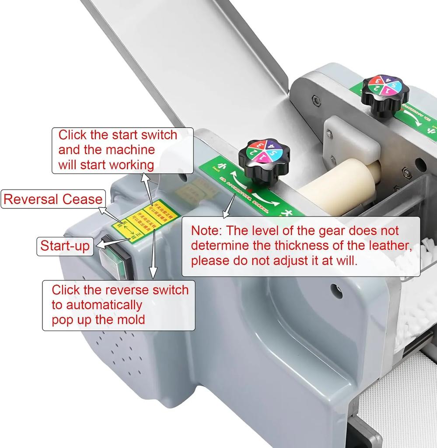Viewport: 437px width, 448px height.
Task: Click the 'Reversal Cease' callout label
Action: (x=52, y=199)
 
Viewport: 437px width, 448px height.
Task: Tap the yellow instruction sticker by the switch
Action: (x=139, y=220)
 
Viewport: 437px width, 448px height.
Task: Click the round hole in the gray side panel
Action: (x=336, y=289)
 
